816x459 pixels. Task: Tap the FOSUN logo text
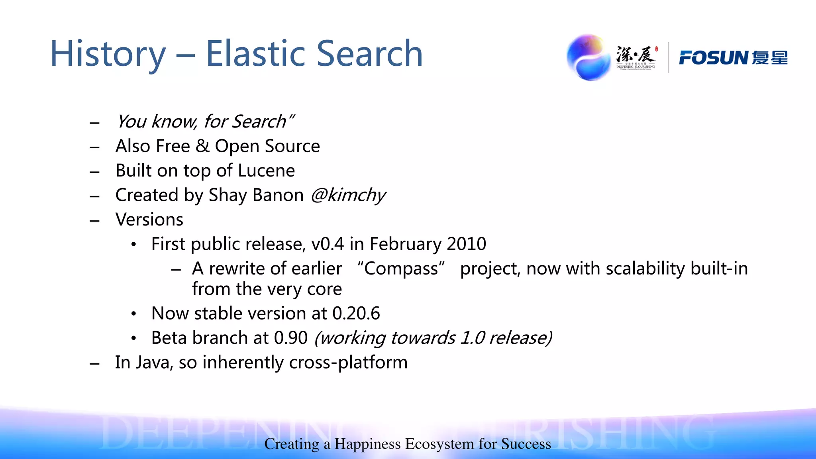713,58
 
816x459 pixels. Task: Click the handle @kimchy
348,195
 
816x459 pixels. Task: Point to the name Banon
278,195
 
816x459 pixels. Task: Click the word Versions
149,220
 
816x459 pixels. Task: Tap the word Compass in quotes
401,269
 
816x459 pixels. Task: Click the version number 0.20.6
356,314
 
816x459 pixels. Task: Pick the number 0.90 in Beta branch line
291,338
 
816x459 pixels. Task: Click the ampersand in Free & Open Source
202,146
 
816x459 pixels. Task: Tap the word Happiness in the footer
367,444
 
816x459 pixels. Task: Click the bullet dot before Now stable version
134,314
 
